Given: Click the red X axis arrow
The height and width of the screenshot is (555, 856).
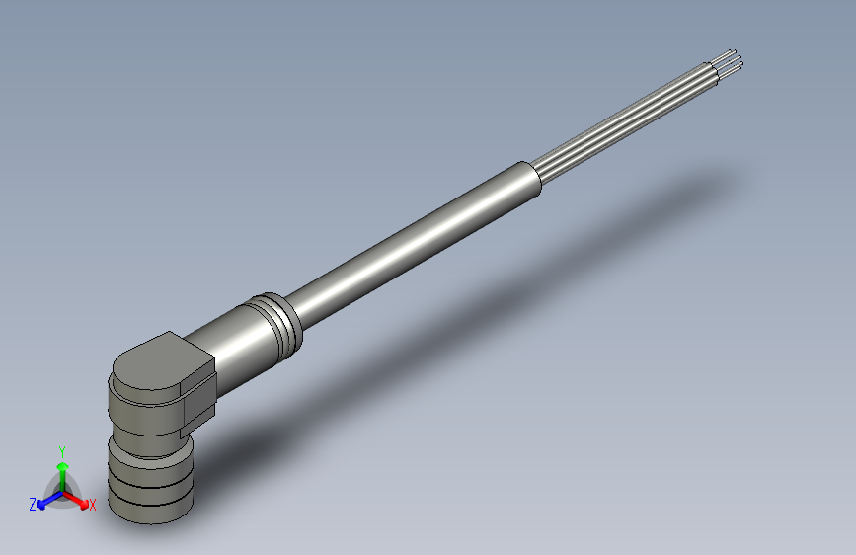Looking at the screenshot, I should click(x=79, y=500).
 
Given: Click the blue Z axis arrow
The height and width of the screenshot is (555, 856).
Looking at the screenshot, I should click(x=45, y=502).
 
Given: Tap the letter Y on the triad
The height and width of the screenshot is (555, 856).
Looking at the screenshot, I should click(x=62, y=449).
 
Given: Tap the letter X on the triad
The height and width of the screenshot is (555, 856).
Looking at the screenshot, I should click(x=93, y=506).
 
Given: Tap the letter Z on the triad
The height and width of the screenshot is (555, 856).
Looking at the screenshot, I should click(x=33, y=504).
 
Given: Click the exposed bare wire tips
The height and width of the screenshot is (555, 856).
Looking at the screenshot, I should click(x=732, y=60).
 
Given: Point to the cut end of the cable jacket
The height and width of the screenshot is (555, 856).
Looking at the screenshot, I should click(x=534, y=180).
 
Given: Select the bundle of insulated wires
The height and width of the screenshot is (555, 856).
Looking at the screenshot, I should click(x=632, y=119).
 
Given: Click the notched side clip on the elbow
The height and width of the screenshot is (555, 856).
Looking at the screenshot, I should click(x=197, y=395).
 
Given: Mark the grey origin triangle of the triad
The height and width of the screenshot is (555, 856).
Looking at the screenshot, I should click(x=63, y=491).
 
